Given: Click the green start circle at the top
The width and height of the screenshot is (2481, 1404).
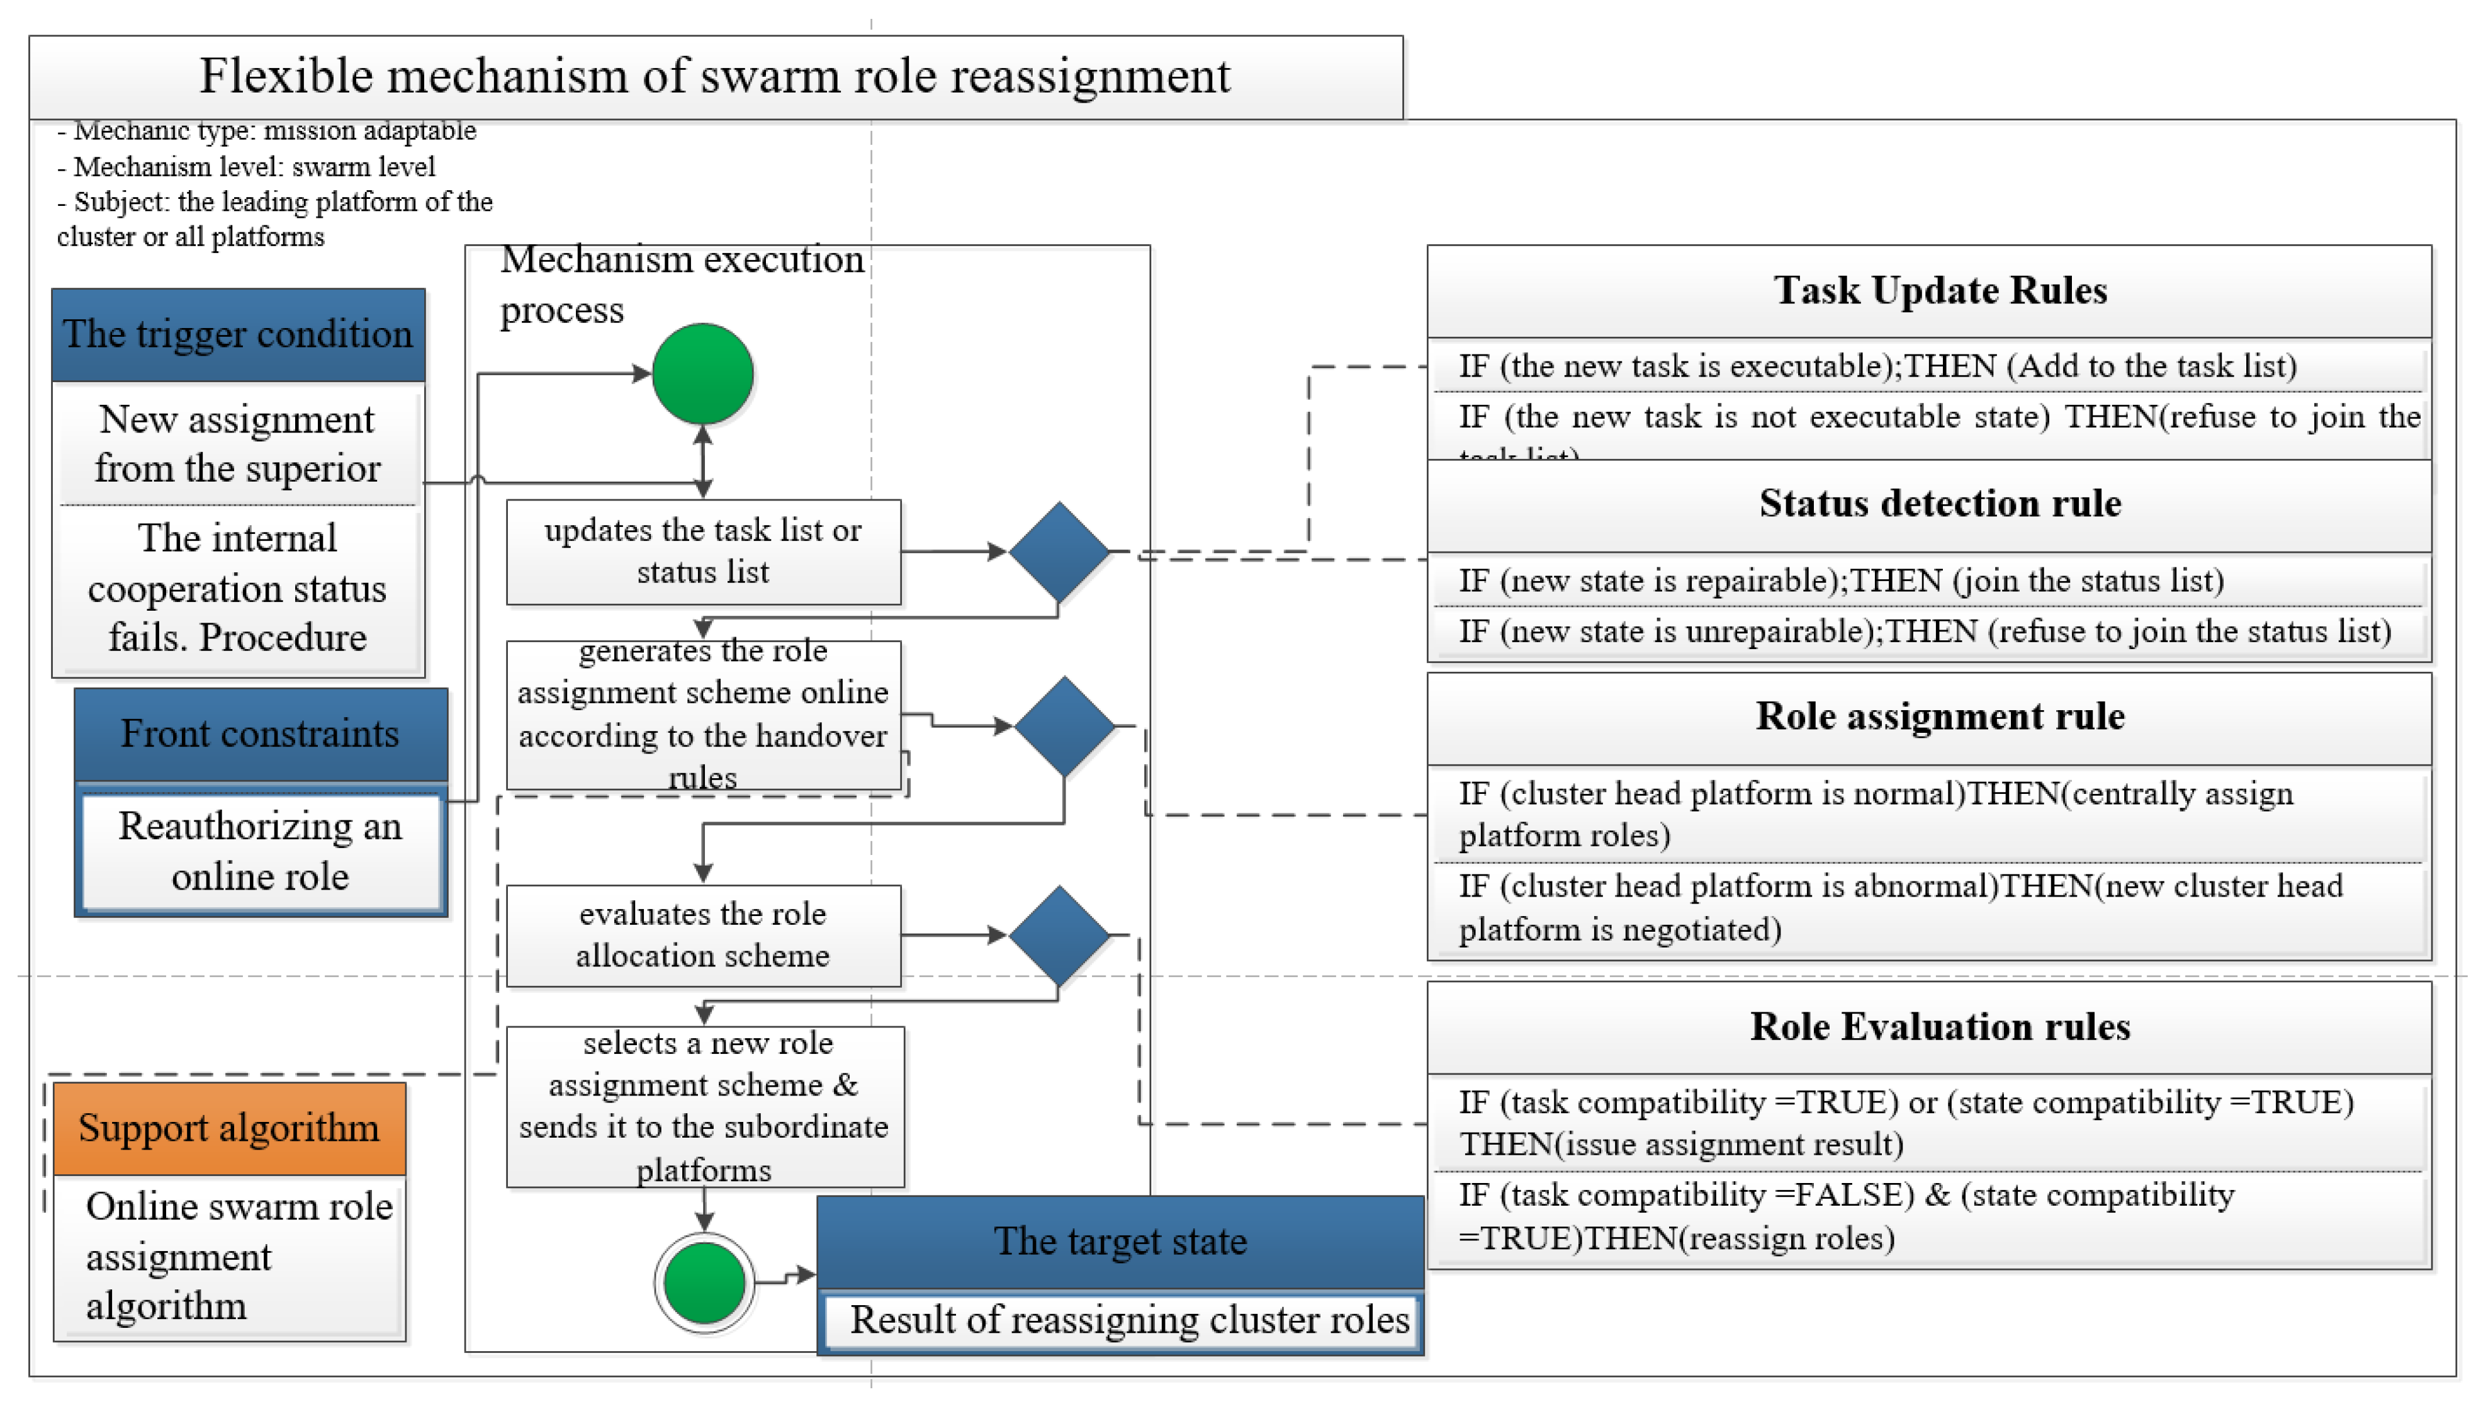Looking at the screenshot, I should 702,374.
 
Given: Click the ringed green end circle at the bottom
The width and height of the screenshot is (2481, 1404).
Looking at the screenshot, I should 705,1282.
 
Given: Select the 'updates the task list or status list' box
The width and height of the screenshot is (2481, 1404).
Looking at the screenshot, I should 702,552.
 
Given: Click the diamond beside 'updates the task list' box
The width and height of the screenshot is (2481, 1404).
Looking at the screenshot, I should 1059,552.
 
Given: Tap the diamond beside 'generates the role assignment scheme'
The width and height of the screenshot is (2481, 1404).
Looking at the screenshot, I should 1064,725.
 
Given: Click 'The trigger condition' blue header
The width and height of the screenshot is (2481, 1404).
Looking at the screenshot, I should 238,334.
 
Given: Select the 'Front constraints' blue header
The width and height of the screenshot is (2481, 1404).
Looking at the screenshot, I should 260,734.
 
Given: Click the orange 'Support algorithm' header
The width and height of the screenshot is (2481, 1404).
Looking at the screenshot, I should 229,1128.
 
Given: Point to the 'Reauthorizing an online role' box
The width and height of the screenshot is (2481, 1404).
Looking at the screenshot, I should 260,851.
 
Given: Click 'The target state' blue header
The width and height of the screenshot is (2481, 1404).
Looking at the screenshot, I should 1120,1241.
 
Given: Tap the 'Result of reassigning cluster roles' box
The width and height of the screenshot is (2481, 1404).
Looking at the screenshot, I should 1128,1320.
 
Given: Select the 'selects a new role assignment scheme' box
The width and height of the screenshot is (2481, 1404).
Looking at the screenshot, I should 705,1106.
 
